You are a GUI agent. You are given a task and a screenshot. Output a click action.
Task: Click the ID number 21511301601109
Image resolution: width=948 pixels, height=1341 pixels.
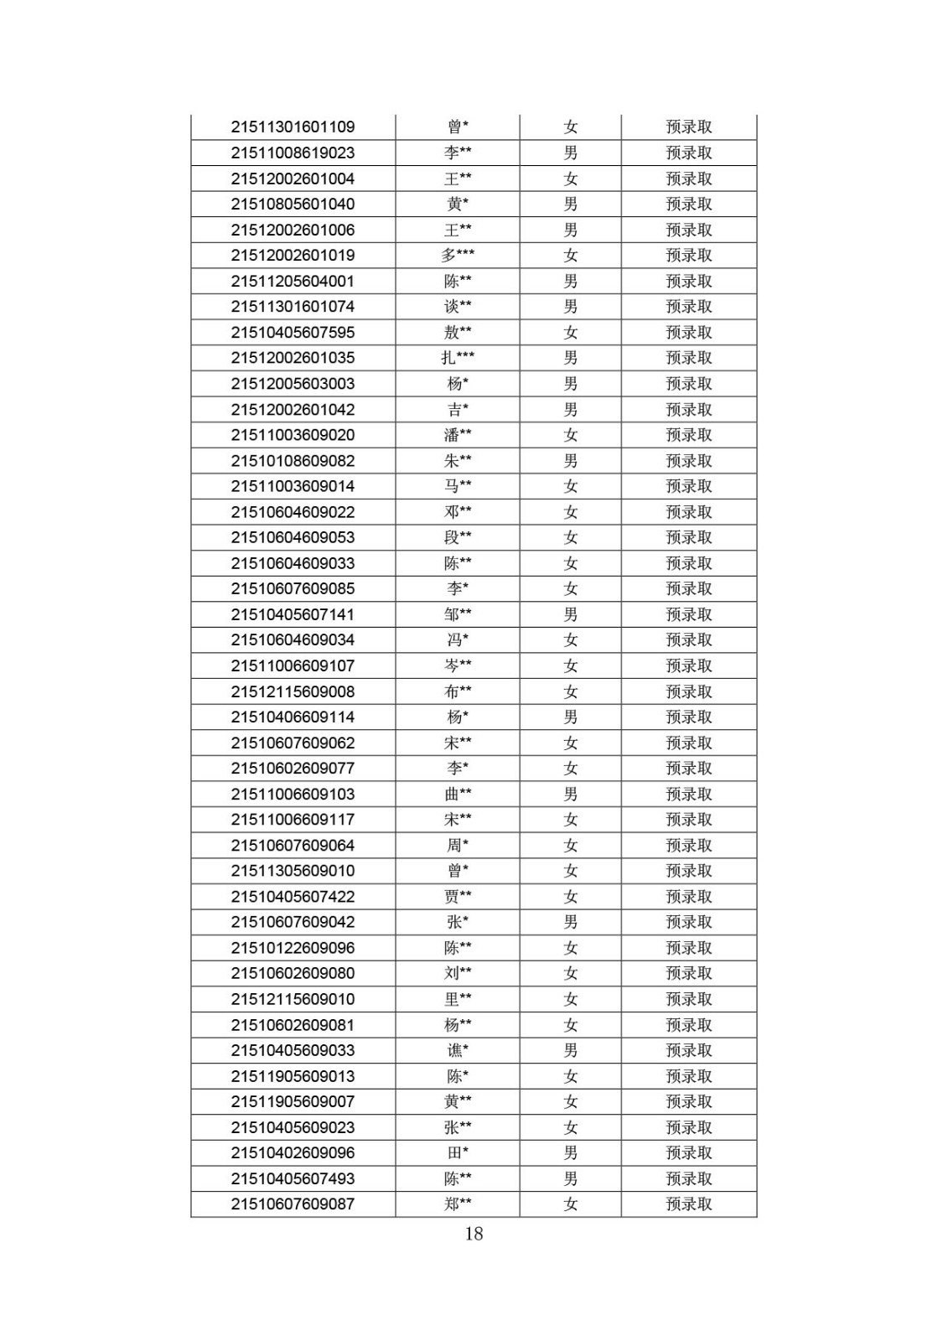[293, 127]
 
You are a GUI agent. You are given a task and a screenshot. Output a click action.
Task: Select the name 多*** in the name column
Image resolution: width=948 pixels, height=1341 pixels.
[458, 256]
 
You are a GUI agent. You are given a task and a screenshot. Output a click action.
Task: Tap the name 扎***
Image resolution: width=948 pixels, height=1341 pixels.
[458, 358]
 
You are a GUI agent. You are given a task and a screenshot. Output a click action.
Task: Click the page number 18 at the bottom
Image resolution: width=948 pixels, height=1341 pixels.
[474, 1233]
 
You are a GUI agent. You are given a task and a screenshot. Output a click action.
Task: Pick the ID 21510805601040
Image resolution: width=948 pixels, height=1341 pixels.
[293, 205]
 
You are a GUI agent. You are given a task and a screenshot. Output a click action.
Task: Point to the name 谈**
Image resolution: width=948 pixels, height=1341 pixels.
[458, 307]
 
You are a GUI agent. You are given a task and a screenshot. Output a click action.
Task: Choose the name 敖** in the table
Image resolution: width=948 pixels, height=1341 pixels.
[458, 333]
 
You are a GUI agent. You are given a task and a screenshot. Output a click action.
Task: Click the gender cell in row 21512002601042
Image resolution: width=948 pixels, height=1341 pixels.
[570, 410]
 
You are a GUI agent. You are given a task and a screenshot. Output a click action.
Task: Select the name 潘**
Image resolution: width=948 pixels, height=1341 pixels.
[458, 435]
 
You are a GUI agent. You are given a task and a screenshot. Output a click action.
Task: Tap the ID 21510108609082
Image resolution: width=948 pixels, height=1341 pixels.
[293, 461]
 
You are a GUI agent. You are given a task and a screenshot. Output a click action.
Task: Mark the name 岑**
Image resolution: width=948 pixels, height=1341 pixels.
[458, 666]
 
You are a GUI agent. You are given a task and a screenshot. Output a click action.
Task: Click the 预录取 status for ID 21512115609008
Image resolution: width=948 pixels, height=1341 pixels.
[688, 691]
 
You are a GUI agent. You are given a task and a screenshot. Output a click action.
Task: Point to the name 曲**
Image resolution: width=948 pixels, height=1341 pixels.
[458, 795]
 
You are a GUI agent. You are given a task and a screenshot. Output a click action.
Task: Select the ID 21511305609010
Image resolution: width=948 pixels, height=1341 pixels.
[293, 871]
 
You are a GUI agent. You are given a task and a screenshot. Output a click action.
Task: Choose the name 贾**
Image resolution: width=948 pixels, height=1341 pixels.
[458, 897]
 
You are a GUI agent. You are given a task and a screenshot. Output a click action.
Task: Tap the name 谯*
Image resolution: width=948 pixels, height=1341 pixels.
[458, 1051]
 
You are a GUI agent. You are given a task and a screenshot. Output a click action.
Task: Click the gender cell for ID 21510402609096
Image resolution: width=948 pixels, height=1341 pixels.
[570, 1153]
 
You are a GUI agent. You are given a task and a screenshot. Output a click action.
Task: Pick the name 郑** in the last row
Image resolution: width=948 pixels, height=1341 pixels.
[458, 1204]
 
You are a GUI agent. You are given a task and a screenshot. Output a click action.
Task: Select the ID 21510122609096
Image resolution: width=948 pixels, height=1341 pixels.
[293, 948]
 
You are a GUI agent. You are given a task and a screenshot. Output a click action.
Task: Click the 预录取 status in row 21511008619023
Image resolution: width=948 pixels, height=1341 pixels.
[688, 153]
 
